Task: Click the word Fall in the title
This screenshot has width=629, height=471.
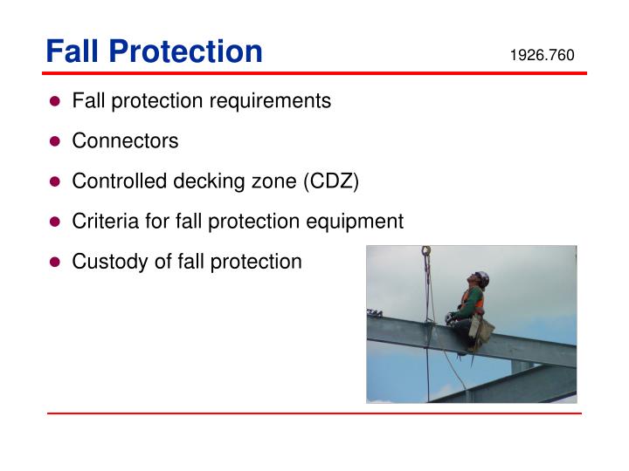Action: point(73,51)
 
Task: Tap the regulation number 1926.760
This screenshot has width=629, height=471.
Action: point(542,56)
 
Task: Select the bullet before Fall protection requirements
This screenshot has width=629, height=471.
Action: point(54,101)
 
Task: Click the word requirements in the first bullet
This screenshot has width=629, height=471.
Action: point(273,101)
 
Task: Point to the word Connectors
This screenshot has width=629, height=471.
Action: point(125,141)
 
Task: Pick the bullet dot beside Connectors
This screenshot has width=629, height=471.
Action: point(54,141)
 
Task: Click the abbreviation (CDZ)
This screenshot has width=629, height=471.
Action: point(331,181)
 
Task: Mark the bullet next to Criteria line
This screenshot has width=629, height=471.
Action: point(54,222)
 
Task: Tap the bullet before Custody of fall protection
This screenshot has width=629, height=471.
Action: point(54,262)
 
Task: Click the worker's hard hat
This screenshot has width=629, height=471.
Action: point(480,278)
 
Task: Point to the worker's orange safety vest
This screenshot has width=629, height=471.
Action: point(472,298)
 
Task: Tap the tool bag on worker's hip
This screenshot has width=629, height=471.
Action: point(480,329)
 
